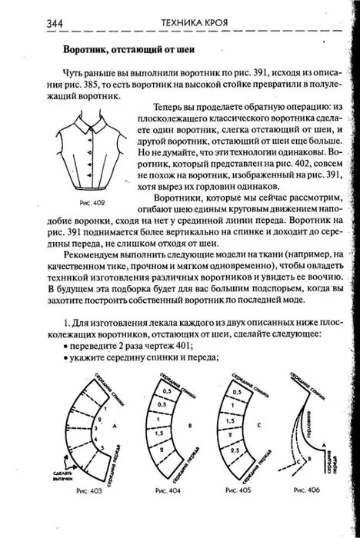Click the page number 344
pos(54,23)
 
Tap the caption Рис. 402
pos(92,202)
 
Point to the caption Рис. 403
pos(90,489)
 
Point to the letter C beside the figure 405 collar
pos(266,422)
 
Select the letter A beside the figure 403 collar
pos(114,423)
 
